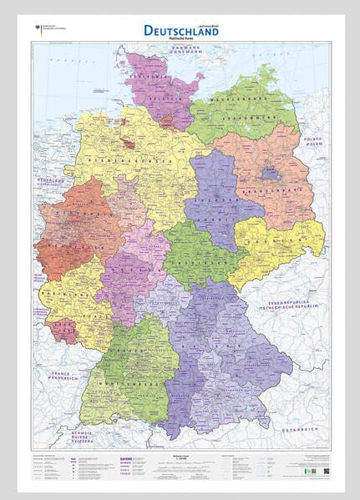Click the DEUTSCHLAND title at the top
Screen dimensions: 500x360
tap(181, 30)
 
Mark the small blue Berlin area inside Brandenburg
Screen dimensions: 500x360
tap(270, 174)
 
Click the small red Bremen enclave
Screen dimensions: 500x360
tap(129, 143)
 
